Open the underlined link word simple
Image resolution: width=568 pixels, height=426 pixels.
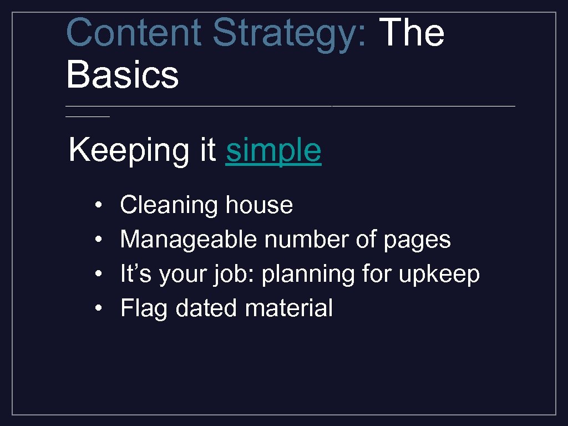click(x=273, y=151)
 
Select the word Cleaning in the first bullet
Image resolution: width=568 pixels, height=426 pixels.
click(x=169, y=206)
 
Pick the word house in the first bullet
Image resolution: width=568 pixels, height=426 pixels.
click(x=259, y=205)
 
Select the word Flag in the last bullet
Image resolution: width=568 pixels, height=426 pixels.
click(x=144, y=309)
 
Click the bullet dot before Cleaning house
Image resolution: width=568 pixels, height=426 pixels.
click(x=97, y=206)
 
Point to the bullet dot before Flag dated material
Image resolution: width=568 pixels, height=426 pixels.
click(x=97, y=309)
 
